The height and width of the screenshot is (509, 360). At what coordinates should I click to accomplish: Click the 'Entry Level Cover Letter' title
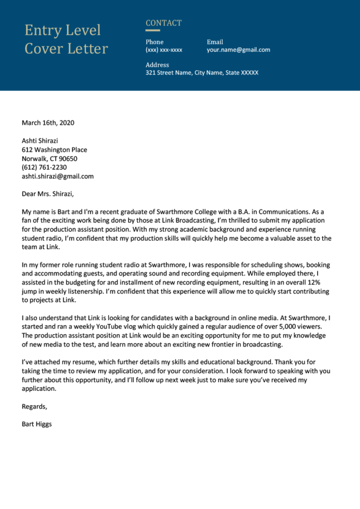[66, 39]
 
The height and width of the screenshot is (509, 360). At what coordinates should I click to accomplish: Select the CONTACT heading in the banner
[164, 23]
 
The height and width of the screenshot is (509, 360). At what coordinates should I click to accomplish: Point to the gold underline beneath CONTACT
[153, 30]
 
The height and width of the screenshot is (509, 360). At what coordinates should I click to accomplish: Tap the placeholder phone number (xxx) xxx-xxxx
[164, 50]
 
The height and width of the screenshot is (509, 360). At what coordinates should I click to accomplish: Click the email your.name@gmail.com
[238, 50]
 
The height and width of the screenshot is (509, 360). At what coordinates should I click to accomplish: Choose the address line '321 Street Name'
[201, 73]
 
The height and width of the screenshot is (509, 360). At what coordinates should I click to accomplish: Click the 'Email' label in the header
[215, 42]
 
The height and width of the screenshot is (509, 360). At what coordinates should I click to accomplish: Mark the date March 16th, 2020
[48, 123]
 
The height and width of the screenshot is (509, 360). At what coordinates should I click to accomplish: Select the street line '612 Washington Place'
[54, 150]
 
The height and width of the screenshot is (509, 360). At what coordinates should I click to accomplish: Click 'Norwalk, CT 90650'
[49, 159]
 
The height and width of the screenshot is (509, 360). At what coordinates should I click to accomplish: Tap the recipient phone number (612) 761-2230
[44, 168]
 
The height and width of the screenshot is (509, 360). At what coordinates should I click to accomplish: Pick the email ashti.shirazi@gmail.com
[58, 176]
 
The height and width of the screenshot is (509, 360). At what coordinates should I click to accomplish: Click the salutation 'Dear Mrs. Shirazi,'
[51, 194]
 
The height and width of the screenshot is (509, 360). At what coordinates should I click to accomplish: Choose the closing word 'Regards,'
[34, 407]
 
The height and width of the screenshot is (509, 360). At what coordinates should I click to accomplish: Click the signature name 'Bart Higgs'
[37, 424]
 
